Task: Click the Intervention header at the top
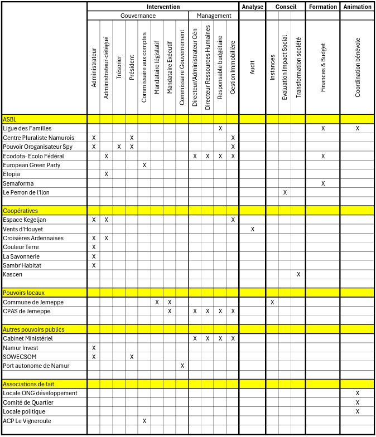(x=163, y=7)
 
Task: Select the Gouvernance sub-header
(x=138, y=16)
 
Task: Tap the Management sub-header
(x=214, y=16)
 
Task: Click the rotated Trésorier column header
(x=119, y=67)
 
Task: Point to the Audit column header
(x=252, y=67)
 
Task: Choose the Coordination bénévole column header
(x=358, y=67)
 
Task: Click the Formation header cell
(x=323, y=7)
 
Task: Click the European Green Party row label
(x=31, y=166)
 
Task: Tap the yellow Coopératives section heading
(x=20, y=211)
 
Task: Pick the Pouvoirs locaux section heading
(x=23, y=293)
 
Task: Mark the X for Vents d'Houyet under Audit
(x=252, y=229)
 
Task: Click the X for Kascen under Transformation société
(x=298, y=274)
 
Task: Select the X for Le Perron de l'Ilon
(x=285, y=192)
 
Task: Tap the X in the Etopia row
(x=106, y=174)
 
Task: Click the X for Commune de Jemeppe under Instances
(x=272, y=302)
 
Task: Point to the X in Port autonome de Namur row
(x=182, y=366)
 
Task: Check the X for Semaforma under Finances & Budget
(x=323, y=183)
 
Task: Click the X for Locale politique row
(x=358, y=411)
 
